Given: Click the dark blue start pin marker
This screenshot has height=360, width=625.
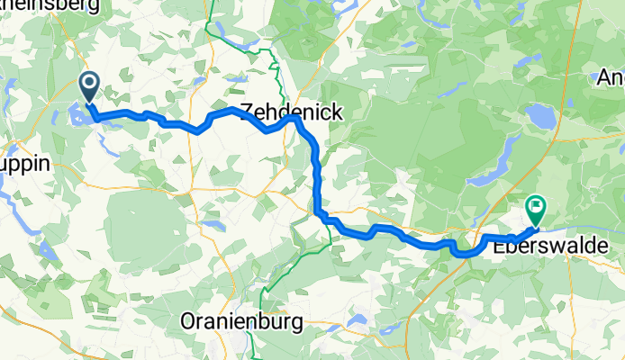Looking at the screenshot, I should tap(91, 87).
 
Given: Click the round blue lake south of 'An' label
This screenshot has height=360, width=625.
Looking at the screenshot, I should tap(540, 116).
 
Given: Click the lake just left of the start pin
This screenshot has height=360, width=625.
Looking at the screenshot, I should tap(76, 114).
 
